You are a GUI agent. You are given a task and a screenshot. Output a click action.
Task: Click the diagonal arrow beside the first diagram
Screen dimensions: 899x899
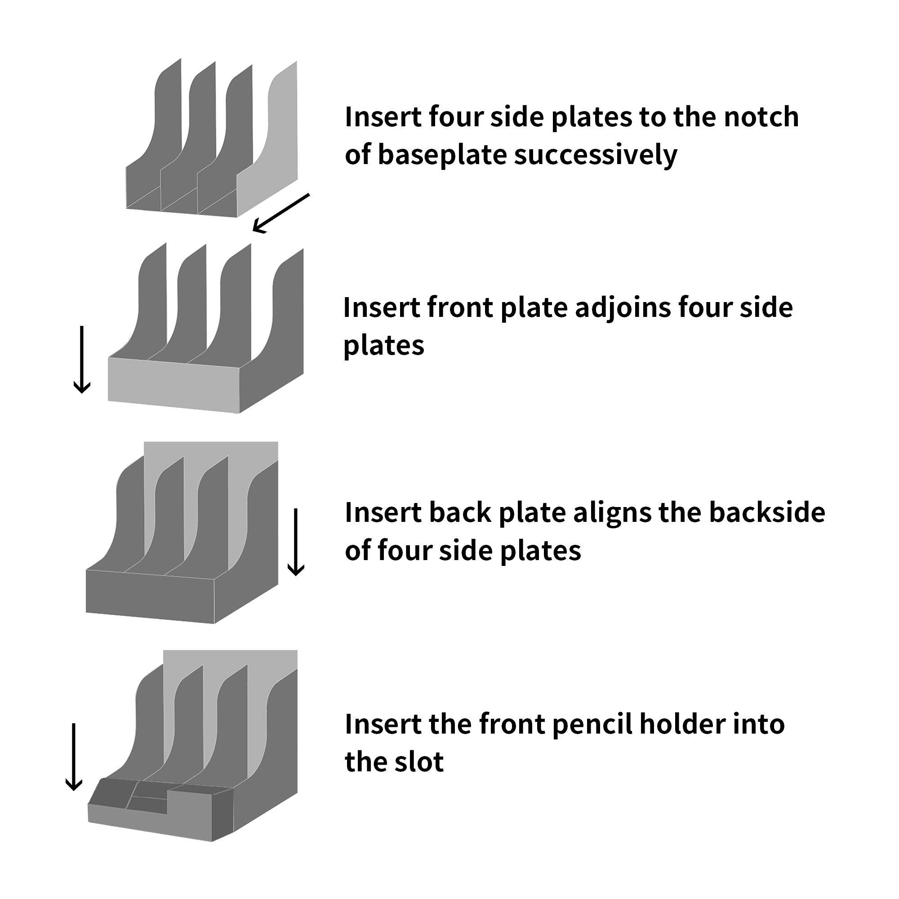click(281, 213)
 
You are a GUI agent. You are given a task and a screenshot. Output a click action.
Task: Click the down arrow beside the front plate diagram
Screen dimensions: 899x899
click(82, 359)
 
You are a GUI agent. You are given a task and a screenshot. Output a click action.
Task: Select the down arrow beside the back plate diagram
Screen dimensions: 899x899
click(296, 542)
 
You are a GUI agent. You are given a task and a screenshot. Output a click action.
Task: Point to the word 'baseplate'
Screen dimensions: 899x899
click(442, 155)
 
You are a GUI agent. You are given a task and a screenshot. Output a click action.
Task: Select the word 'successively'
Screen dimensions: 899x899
click(596, 156)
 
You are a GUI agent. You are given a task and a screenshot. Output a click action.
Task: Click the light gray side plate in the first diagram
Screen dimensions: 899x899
click(275, 140)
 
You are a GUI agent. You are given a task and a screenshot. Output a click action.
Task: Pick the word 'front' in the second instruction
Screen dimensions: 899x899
click(460, 308)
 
